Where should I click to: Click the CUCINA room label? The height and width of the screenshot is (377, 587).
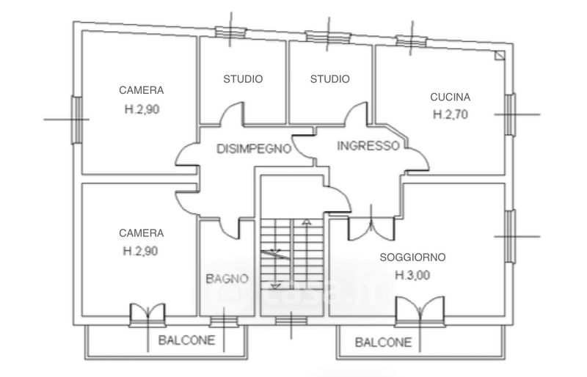pos(450,97)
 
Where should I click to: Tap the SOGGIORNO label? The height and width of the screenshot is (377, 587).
pos(412,257)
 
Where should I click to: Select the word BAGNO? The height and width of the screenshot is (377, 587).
pos(227,278)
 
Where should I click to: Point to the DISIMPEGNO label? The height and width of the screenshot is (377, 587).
pos(254,149)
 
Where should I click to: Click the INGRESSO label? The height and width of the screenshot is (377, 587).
pos(368,145)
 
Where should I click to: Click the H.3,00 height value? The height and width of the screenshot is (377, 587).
pos(412,276)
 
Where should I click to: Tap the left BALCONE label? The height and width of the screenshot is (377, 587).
pos(186,340)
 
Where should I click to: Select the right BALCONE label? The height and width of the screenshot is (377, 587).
pos(383,342)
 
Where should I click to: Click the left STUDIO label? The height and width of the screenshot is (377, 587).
pos(243,79)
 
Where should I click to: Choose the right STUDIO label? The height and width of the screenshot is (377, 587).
pos(329,79)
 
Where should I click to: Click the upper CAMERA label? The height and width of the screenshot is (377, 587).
pos(141,91)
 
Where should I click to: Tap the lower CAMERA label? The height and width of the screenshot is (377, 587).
pos(141,233)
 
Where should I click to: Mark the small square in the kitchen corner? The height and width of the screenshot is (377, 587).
pos(499,56)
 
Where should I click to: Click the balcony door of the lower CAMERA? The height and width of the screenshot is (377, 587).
pos(149,315)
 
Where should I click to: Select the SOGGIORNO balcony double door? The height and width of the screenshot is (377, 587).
pos(420,311)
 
